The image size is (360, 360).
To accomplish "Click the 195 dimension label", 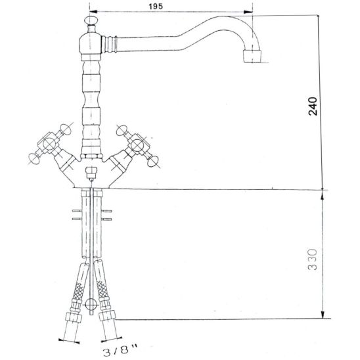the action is point(156,6).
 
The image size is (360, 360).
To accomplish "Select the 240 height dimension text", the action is point(313,106).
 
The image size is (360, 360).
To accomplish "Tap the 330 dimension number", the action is point(312,259).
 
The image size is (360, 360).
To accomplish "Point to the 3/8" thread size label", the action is point(120,351).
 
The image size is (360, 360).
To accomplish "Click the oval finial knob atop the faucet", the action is point(91,20).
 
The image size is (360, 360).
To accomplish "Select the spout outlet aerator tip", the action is point(252,56).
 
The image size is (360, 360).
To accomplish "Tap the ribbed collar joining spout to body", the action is point(109,44).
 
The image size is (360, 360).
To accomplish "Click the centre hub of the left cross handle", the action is point(49,144).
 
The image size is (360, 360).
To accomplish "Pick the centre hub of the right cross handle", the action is point(137,145).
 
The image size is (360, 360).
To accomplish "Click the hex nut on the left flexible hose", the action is point(74,317).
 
